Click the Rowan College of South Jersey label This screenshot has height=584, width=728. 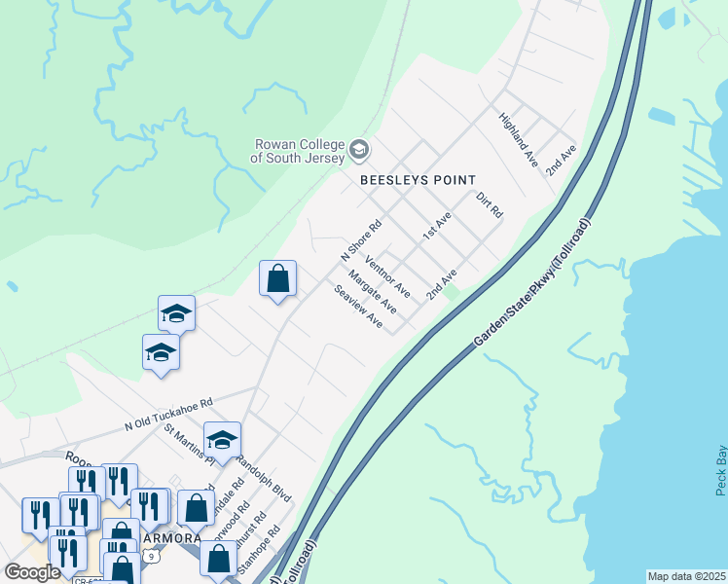[x=298, y=150]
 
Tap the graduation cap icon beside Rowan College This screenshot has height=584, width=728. [x=359, y=149]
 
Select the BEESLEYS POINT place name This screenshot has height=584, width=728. [x=418, y=180]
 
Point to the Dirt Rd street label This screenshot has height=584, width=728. [x=489, y=204]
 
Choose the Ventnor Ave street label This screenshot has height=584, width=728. [x=387, y=277]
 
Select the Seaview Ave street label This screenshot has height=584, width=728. [x=358, y=307]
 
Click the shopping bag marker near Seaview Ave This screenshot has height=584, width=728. [x=277, y=278]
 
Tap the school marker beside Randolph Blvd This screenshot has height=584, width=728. [x=222, y=441]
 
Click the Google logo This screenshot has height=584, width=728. [x=32, y=571]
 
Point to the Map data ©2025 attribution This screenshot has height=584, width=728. [x=686, y=576]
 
